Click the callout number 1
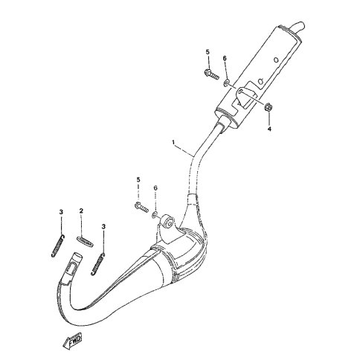click(x=174, y=142)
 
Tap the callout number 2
click(x=81, y=210)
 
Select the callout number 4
click(x=269, y=129)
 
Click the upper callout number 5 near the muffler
click(x=208, y=52)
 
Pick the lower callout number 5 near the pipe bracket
click(x=138, y=179)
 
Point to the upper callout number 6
click(x=225, y=58)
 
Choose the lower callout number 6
click(x=155, y=188)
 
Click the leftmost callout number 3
click(x=61, y=212)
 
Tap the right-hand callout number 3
click(x=103, y=226)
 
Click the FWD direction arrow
click(x=73, y=341)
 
